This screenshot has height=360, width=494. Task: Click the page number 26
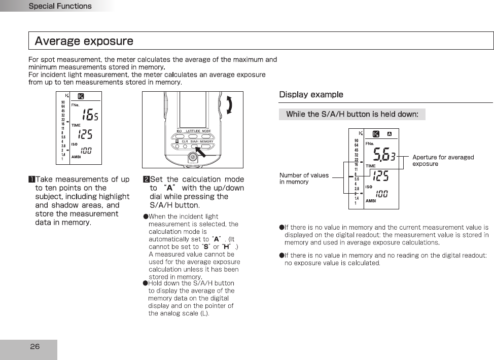pos(34,347)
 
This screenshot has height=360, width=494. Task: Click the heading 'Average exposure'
pos(84,41)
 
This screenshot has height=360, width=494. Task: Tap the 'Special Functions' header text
pos(60,6)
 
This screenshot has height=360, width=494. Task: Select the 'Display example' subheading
pos(311,95)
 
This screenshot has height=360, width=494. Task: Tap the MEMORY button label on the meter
pos(206,141)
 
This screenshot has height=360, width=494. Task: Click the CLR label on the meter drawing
pos(185,141)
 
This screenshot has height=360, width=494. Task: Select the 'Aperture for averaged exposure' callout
pos(443,160)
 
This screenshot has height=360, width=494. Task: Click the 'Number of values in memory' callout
pos(304,178)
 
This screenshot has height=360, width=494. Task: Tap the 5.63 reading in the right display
pos(384,155)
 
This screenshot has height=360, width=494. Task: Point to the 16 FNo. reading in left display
pos(90,115)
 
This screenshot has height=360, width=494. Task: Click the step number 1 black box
pos(31,179)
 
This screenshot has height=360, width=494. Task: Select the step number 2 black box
pos(146,179)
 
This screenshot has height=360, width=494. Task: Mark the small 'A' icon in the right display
pos(389,134)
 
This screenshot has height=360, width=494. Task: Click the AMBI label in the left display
pos(77,157)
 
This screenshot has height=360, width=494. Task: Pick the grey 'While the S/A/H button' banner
pos(352,114)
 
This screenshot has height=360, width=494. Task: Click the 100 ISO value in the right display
pos(382,194)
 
